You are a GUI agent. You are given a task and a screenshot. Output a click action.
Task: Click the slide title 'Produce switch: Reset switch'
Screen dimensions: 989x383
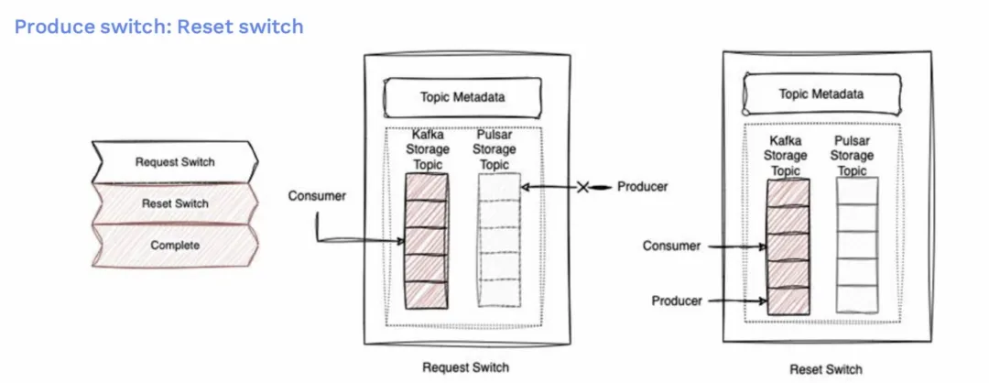159,27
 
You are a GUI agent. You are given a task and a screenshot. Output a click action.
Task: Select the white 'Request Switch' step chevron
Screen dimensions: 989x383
175,162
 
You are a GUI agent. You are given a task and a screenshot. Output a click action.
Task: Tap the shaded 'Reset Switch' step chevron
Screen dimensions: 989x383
175,203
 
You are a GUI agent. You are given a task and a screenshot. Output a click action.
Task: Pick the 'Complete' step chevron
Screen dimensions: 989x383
175,246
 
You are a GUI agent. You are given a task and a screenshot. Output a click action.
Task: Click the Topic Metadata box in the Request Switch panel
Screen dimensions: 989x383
462,97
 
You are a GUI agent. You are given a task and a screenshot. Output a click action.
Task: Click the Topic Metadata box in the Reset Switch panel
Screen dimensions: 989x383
821,94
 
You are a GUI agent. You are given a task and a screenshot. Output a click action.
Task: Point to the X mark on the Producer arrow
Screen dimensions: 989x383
583,187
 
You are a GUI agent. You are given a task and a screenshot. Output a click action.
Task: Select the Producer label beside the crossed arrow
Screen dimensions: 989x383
642,187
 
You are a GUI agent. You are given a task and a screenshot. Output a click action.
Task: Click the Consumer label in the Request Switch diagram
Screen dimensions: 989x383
317,196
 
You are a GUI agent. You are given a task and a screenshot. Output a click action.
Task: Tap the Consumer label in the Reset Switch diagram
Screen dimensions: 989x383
672,246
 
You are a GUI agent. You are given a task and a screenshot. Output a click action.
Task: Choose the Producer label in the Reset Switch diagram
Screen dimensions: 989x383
677,301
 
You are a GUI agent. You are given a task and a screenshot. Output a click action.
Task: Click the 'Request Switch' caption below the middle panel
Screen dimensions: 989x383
465,367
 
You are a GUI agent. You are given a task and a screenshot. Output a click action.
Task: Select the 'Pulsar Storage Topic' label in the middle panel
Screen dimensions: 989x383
494,150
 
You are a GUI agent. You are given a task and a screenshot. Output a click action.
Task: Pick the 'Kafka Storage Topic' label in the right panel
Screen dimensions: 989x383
786,156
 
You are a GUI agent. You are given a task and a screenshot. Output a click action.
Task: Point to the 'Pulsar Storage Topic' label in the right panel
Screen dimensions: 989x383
852,156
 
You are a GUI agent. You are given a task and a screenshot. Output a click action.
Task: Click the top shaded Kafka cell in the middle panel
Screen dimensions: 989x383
427,188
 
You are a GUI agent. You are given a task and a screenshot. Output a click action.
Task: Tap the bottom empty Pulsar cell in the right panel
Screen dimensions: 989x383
857,300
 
